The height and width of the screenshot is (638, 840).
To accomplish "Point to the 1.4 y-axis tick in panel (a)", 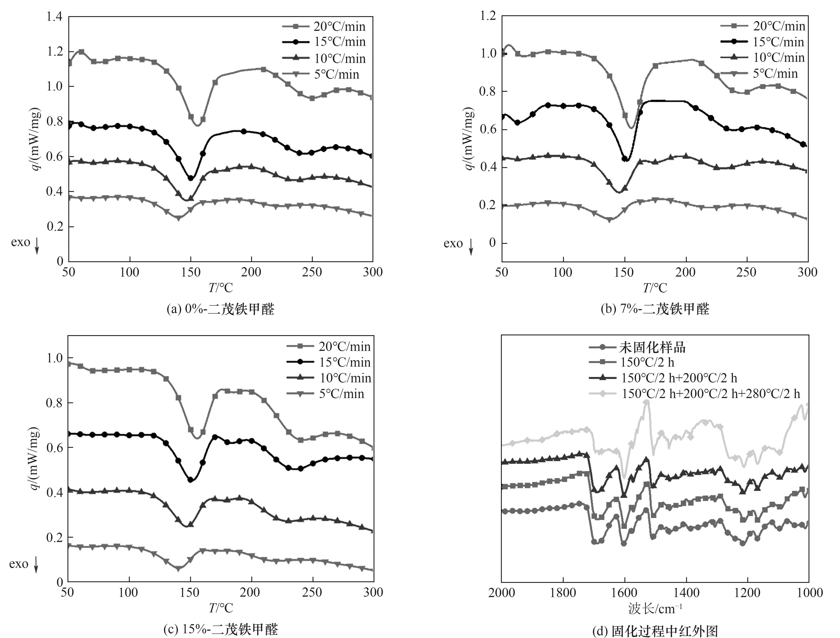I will click(x=54, y=17).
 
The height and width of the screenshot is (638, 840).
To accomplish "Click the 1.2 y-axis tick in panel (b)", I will click(x=488, y=16).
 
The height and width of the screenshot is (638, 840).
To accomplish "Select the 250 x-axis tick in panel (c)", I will click(x=312, y=592).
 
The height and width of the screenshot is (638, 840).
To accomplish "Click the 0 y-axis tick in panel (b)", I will click(x=493, y=243).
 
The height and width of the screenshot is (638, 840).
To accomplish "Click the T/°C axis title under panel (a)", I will click(x=221, y=288).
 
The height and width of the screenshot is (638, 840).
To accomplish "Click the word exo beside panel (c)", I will click(x=19, y=564).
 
